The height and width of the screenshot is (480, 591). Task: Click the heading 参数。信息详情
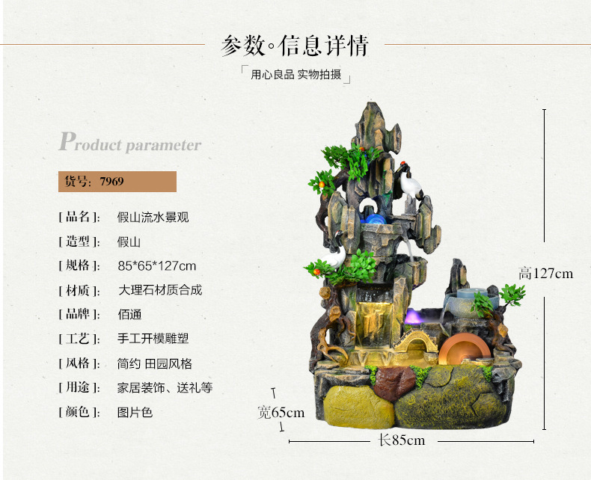(x=295, y=45)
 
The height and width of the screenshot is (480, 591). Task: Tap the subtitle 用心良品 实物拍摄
(x=295, y=75)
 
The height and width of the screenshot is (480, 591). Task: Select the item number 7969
(x=112, y=182)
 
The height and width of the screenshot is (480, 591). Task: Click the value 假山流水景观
(x=153, y=218)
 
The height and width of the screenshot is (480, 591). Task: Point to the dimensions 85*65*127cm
(x=157, y=265)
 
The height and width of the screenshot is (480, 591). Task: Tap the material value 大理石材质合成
(x=160, y=290)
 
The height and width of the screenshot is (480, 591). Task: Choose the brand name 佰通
(x=129, y=314)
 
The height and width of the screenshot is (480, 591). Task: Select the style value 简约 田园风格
(x=155, y=363)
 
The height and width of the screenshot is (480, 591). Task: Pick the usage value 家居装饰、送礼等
(x=165, y=387)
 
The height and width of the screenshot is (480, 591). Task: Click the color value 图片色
(x=135, y=412)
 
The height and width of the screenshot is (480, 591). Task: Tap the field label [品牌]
(x=79, y=314)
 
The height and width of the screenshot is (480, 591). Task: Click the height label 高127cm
(x=546, y=274)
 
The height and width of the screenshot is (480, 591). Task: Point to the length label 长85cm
(x=402, y=440)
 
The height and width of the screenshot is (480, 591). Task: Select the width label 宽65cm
(x=281, y=412)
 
